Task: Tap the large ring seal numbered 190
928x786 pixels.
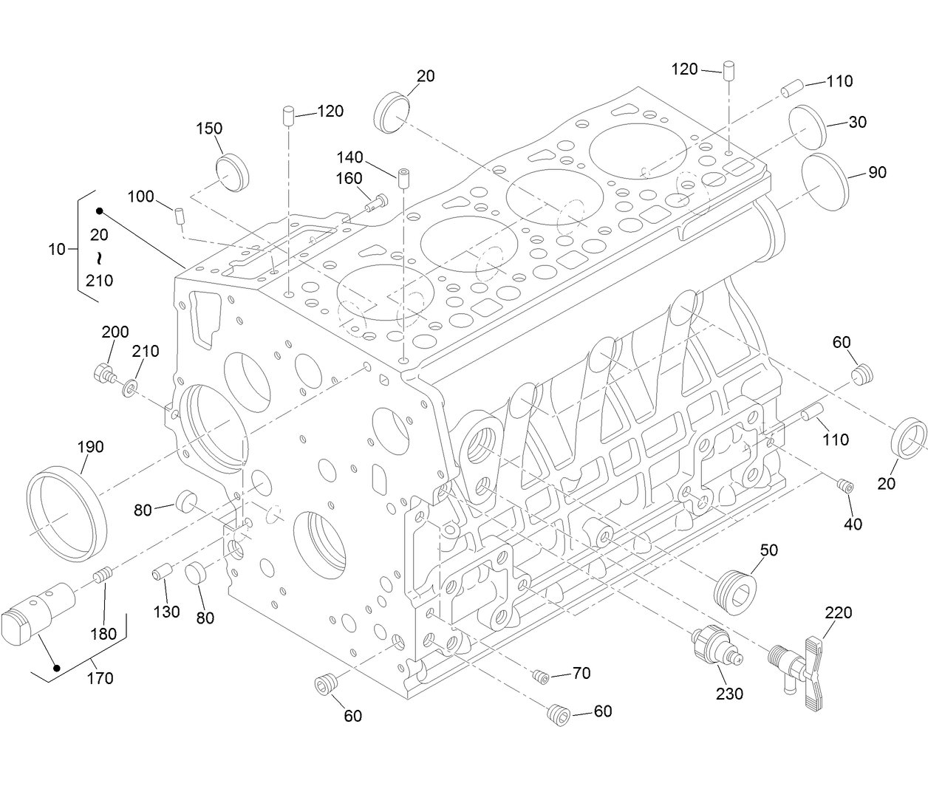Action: [x=67, y=513]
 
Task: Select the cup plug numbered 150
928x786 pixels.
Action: [x=233, y=173]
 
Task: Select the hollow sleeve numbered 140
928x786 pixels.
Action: [x=403, y=180]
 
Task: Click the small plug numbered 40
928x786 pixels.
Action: [x=844, y=485]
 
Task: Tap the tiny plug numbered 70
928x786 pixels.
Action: [x=539, y=675]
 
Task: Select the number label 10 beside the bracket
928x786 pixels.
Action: [x=57, y=250]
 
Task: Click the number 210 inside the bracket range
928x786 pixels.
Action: [x=99, y=281]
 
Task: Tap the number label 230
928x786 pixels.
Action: [x=729, y=694]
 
